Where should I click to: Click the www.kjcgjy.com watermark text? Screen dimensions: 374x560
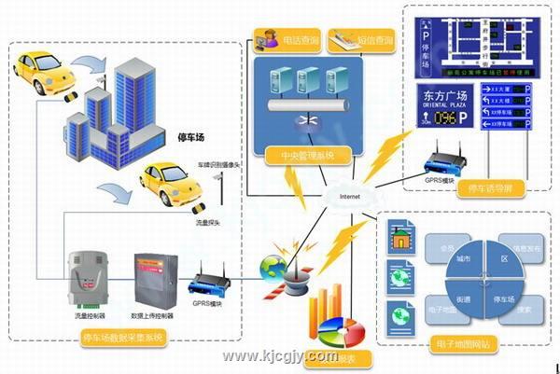pyautogui.click(x=279, y=356)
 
